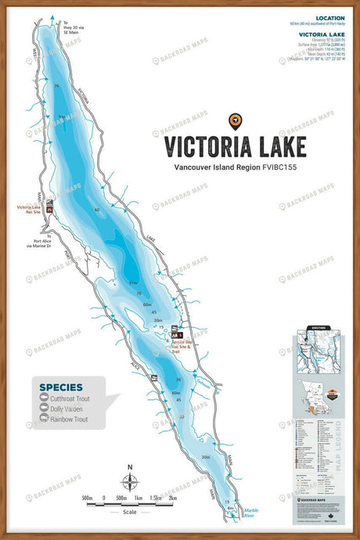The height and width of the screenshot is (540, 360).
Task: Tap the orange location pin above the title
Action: point(234,121)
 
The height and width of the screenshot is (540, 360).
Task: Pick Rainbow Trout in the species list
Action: point(68,419)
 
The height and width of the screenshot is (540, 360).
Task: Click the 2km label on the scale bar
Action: point(172,498)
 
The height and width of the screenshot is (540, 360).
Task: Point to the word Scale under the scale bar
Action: point(131,512)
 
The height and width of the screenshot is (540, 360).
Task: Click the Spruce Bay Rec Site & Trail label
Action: point(186,347)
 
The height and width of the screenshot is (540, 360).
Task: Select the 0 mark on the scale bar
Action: point(104,498)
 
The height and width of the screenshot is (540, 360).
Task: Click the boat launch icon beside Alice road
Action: point(154,379)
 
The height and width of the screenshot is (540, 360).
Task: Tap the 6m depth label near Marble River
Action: point(230,508)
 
